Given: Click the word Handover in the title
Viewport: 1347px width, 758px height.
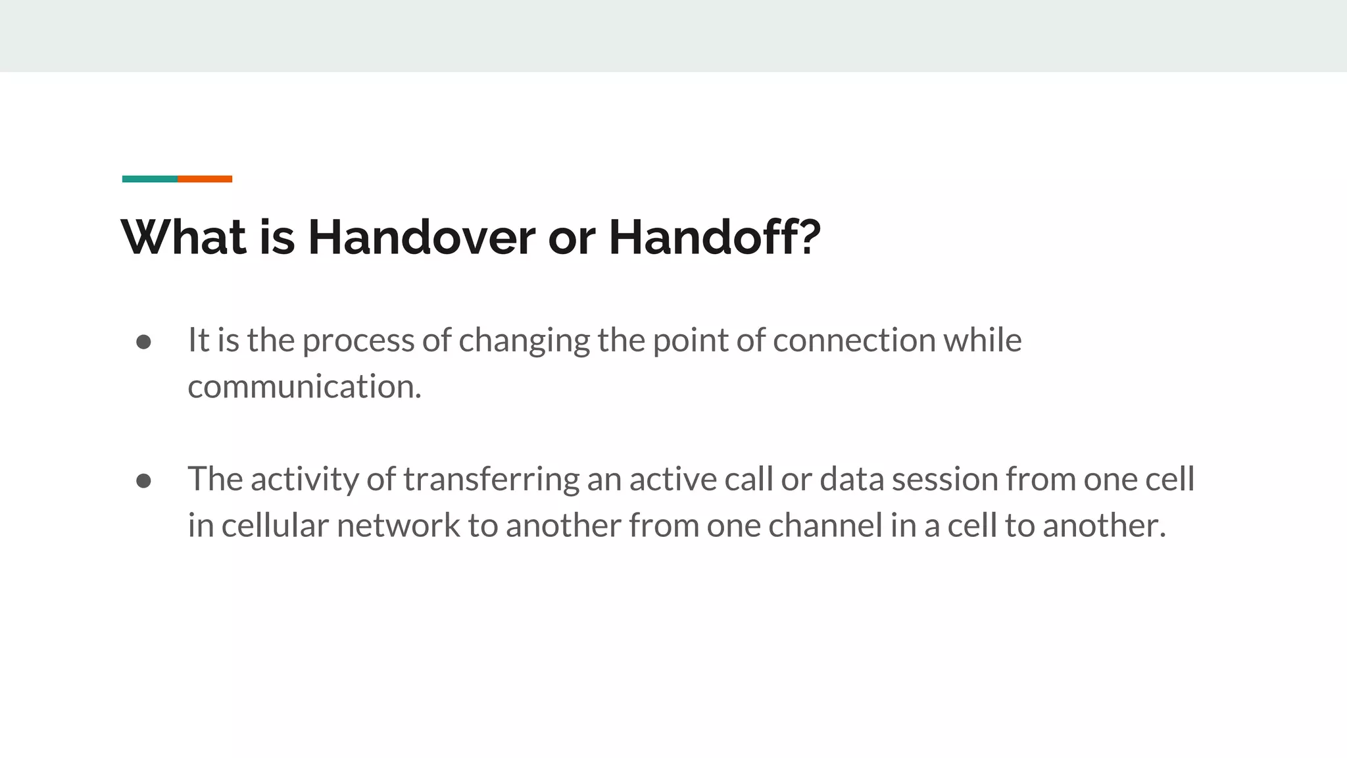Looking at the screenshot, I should [x=421, y=238].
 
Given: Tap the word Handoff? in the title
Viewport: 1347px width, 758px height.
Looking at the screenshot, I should [x=714, y=238].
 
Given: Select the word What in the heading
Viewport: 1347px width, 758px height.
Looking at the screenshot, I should [x=184, y=238].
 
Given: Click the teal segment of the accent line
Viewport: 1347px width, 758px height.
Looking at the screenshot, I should [x=149, y=179].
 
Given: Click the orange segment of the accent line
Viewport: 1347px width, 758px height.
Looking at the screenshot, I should [x=205, y=179].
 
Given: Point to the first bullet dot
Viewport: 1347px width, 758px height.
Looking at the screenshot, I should [x=143, y=342].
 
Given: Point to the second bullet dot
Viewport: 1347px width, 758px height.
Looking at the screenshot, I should [x=143, y=481].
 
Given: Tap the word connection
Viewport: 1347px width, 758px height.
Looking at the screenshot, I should [x=854, y=341].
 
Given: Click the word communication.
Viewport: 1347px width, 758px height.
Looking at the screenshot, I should [x=304, y=387].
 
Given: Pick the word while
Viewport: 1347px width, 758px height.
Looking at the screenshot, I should [x=983, y=341].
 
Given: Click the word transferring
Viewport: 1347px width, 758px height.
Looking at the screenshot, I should [x=491, y=480].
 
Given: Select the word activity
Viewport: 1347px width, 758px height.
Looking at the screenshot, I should [x=305, y=480].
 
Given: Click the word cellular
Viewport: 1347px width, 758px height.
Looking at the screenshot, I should [x=274, y=526].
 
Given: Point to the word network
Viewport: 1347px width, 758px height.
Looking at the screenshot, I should [x=398, y=526].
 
